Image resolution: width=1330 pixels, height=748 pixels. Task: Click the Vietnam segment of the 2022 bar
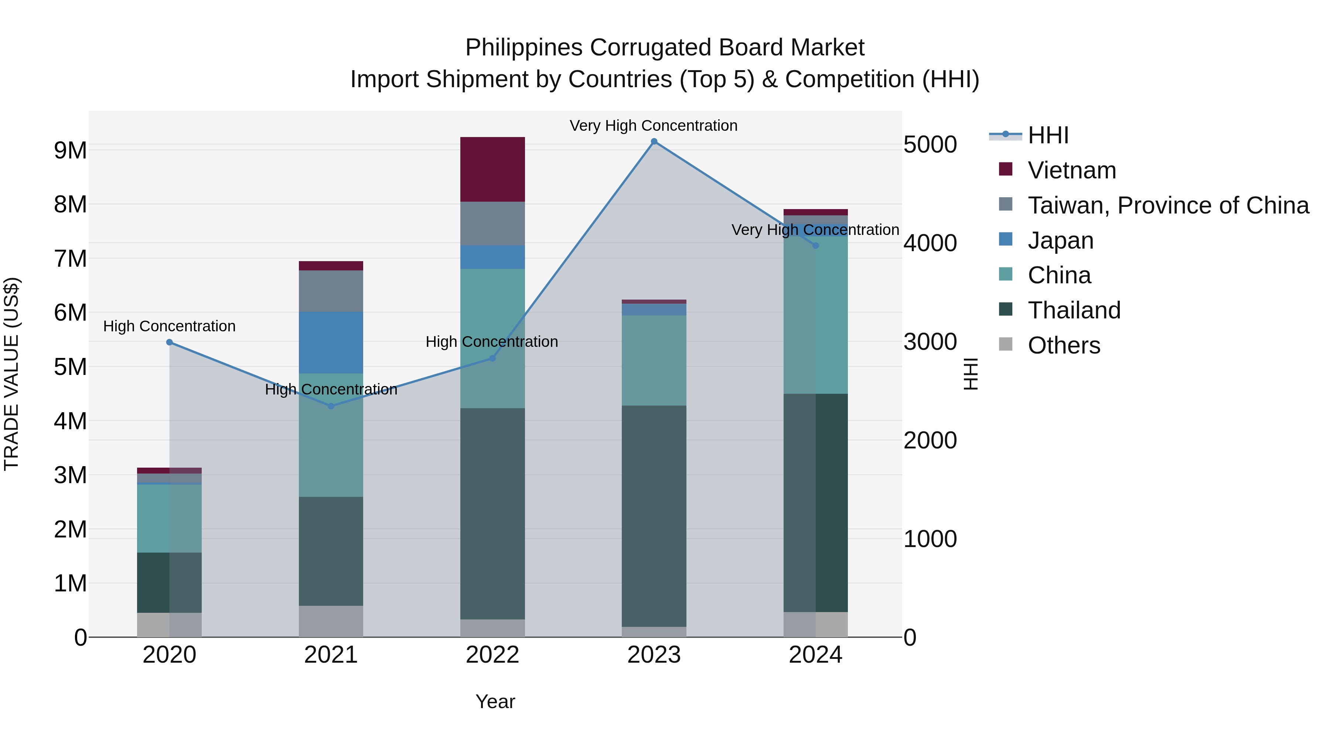click(x=492, y=169)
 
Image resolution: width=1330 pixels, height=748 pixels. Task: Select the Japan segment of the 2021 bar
click(x=331, y=342)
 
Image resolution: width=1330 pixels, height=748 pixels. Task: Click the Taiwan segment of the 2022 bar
click(x=492, y=223)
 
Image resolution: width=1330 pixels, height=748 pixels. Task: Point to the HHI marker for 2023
click(x=654, y=141)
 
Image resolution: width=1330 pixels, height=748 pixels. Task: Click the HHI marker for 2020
click(x=169, y=342)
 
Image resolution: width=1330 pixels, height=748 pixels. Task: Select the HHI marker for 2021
click(x=331, y=406)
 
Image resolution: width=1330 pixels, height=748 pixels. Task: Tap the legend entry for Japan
click(x=1060, y=240)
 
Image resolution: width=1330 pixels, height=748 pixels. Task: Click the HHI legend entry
click(x=1048, y=135)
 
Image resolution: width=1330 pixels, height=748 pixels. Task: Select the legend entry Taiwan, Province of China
click(x=1168, y=205)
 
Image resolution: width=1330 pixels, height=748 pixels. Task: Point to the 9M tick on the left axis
click(x=70, y=150)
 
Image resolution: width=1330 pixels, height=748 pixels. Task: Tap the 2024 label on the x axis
click(x=815, y=655)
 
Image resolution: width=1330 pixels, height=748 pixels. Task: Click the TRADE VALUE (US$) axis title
click(x=11, y=374)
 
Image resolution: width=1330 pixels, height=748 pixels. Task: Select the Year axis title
click(x=495, y=701)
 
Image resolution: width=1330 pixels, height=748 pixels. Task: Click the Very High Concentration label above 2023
click(x=653, y=126)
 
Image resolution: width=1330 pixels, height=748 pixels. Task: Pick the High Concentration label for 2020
click(x=169, y=326)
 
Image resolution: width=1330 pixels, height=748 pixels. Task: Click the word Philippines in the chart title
click(x=524, y=48)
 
